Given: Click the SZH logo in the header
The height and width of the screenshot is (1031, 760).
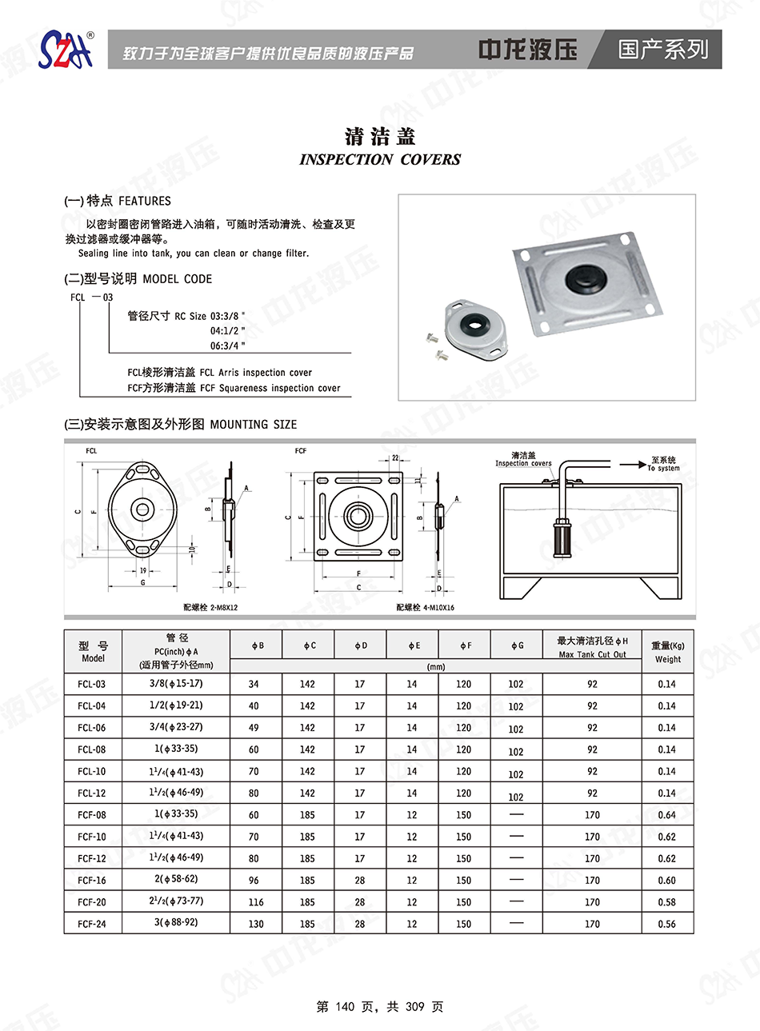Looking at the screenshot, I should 66,50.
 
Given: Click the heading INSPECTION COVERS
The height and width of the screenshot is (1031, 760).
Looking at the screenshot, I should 380,159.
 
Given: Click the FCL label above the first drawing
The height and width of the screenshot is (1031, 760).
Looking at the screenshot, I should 91,451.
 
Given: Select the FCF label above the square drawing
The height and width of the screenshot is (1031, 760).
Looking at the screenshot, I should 301,451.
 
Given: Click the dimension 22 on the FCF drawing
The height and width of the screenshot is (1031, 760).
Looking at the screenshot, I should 395,458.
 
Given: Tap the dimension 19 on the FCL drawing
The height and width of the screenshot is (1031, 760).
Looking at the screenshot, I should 143,570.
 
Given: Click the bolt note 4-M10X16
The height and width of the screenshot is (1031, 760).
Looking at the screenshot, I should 425,608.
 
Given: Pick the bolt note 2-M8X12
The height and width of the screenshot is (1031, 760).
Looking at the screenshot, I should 210,608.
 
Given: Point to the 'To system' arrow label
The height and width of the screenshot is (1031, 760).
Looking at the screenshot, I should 663,464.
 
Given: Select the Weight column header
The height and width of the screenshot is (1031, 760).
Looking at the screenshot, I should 668,652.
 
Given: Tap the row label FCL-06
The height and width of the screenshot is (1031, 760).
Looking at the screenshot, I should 92,728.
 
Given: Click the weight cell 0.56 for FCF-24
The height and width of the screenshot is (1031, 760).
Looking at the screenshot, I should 666,924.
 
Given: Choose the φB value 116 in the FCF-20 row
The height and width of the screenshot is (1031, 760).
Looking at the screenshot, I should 256,902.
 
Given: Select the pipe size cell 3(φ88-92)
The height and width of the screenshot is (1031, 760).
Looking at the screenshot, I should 176,923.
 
